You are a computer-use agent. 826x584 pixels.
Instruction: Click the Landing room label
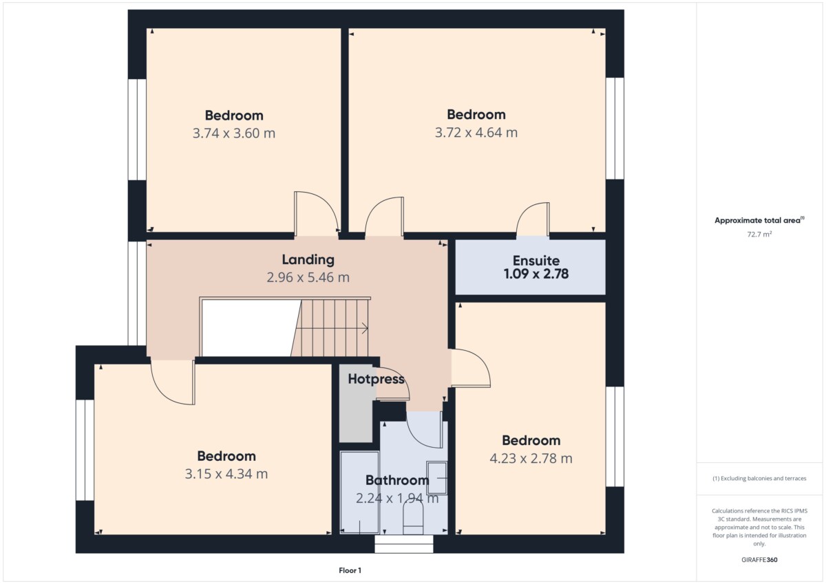tap(308, 260)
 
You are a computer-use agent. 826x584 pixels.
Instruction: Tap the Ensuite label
tap(536, 261)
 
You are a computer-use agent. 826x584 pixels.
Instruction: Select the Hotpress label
tap(376, 380)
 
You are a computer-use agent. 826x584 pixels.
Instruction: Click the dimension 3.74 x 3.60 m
tap(234, 133)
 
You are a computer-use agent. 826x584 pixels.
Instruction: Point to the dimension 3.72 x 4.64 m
tap(476, 132)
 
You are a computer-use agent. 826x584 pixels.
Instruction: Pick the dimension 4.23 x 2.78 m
tap(531, 458)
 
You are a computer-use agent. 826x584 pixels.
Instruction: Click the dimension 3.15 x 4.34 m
tap(226, 474)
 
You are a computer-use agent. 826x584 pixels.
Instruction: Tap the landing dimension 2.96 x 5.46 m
tap(308, 277)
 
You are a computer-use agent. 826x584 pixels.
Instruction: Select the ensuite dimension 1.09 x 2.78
tap(536, 274)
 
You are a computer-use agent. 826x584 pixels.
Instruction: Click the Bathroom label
tap(397, 480)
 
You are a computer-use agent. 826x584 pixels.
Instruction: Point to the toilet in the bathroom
tap(413, 518)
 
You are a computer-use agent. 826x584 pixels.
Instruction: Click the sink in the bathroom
tap(437, 478)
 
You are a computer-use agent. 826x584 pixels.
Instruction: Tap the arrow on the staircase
tap(364, 328)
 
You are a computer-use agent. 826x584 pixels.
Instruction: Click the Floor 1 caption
tap(350, 570)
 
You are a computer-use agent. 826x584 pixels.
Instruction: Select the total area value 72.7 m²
tap(759, 235)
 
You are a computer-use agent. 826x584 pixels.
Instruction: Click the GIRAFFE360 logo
tap(759, 560)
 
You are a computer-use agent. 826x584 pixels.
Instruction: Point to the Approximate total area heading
tap(759, 220)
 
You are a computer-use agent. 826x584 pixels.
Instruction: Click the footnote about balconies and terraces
tap(759, 479)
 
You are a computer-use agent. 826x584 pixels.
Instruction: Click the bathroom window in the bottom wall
tap(404, 544)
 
